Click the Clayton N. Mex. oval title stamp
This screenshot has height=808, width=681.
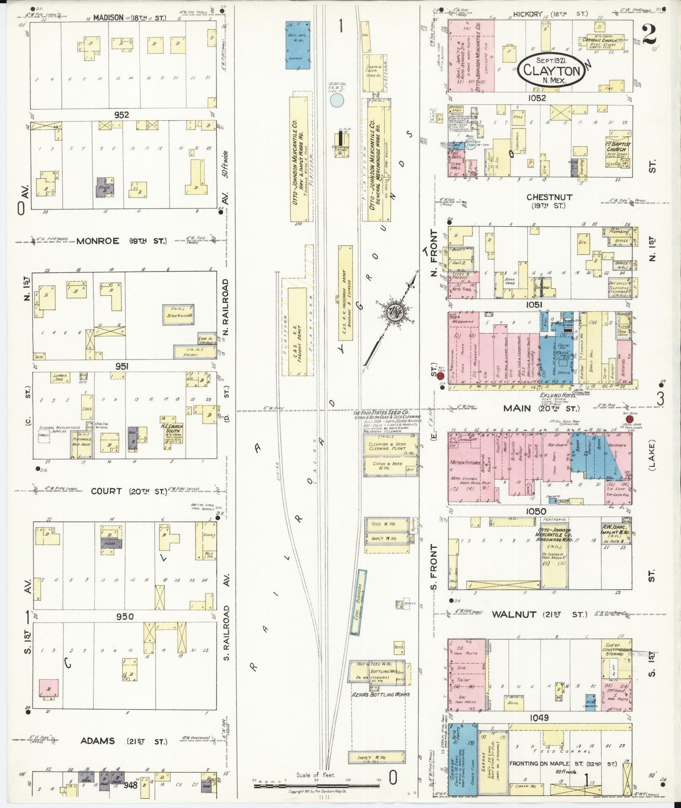pyautogui.click(x=551, y=71)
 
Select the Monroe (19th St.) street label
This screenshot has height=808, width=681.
pyautogui.click(x=121, y=241)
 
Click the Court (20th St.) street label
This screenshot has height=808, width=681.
pyautogui.click(x=129, y=491)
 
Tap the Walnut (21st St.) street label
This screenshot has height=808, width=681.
pyautogui.click(x=540, y=614)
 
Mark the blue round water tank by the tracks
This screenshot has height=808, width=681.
pyautogui.click(x=337, y=99)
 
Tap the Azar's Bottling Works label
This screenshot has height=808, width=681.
pyautogui.click(x=380, y=694)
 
